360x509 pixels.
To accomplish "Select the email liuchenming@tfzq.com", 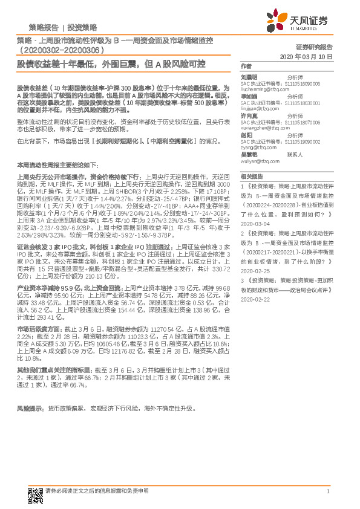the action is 261,88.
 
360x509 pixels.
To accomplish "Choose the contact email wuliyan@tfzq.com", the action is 255,161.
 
